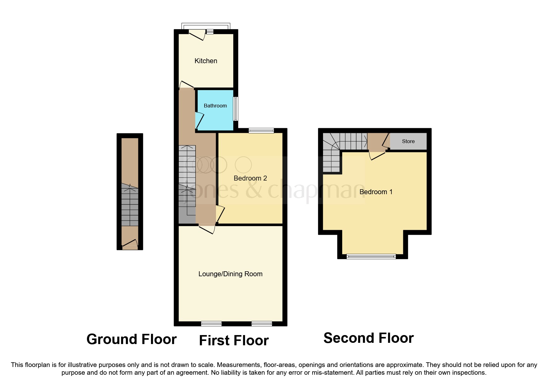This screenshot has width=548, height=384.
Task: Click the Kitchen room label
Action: (206, 61)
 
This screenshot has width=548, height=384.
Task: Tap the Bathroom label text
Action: (215, 106)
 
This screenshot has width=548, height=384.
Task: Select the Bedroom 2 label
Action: (250, 178)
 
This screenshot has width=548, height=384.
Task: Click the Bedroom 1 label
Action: (376, 192)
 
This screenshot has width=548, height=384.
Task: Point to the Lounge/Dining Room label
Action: (230, 274)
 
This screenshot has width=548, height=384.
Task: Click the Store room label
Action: (408, 142)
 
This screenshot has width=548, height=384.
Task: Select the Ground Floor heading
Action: (132, 339)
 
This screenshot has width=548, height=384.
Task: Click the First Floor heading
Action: (234, 341)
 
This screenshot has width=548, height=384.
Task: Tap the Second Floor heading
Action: (369, 338)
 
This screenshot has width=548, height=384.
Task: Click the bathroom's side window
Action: (236, 109)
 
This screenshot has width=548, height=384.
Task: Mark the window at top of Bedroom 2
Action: (261, 131)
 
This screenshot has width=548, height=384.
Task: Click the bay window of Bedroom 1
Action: (371, 256)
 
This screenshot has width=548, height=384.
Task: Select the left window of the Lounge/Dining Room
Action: (211, 324)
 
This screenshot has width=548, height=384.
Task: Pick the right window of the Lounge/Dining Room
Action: (262, 324)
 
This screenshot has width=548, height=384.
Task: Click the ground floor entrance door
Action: (130, 244)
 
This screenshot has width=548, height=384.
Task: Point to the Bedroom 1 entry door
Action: (377, 155)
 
